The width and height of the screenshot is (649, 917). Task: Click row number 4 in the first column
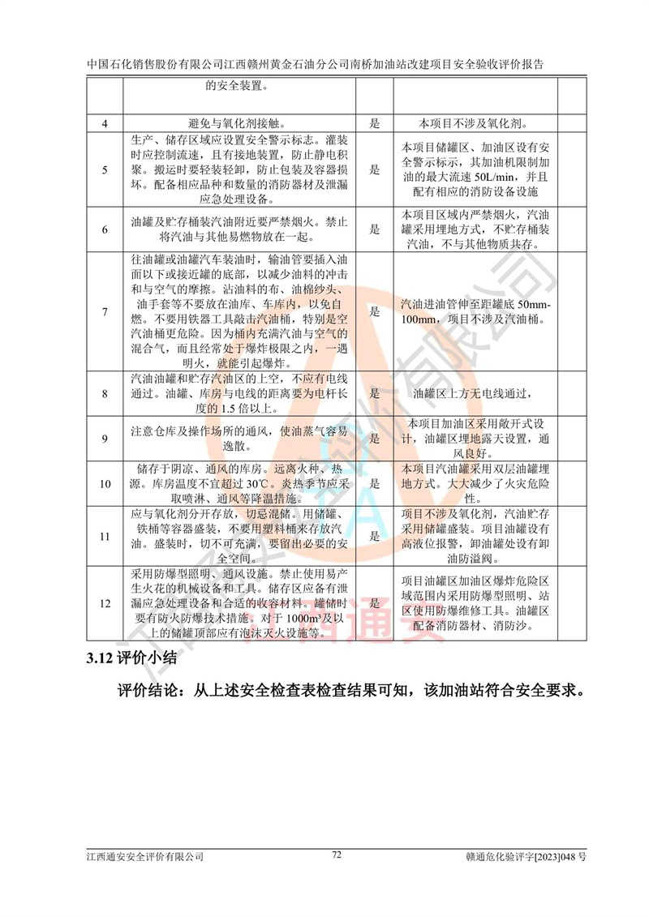[x=104, y=124]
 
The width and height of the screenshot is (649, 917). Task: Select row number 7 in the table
[x=104, y=311]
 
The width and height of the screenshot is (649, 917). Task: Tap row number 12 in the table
[x=104, y=604]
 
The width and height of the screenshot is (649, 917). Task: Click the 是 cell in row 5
[x=374, y=170]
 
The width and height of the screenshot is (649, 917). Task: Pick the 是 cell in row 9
[x=374, y=439]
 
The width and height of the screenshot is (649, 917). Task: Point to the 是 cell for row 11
[x=374, y=536]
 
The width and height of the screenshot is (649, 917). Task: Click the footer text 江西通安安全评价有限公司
[x=145, y=856]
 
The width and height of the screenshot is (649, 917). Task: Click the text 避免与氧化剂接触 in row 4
[x=235, y=124]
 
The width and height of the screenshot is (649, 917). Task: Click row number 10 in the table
[x=104, y=484]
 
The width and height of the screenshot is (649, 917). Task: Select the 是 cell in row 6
[x=374, y=229]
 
